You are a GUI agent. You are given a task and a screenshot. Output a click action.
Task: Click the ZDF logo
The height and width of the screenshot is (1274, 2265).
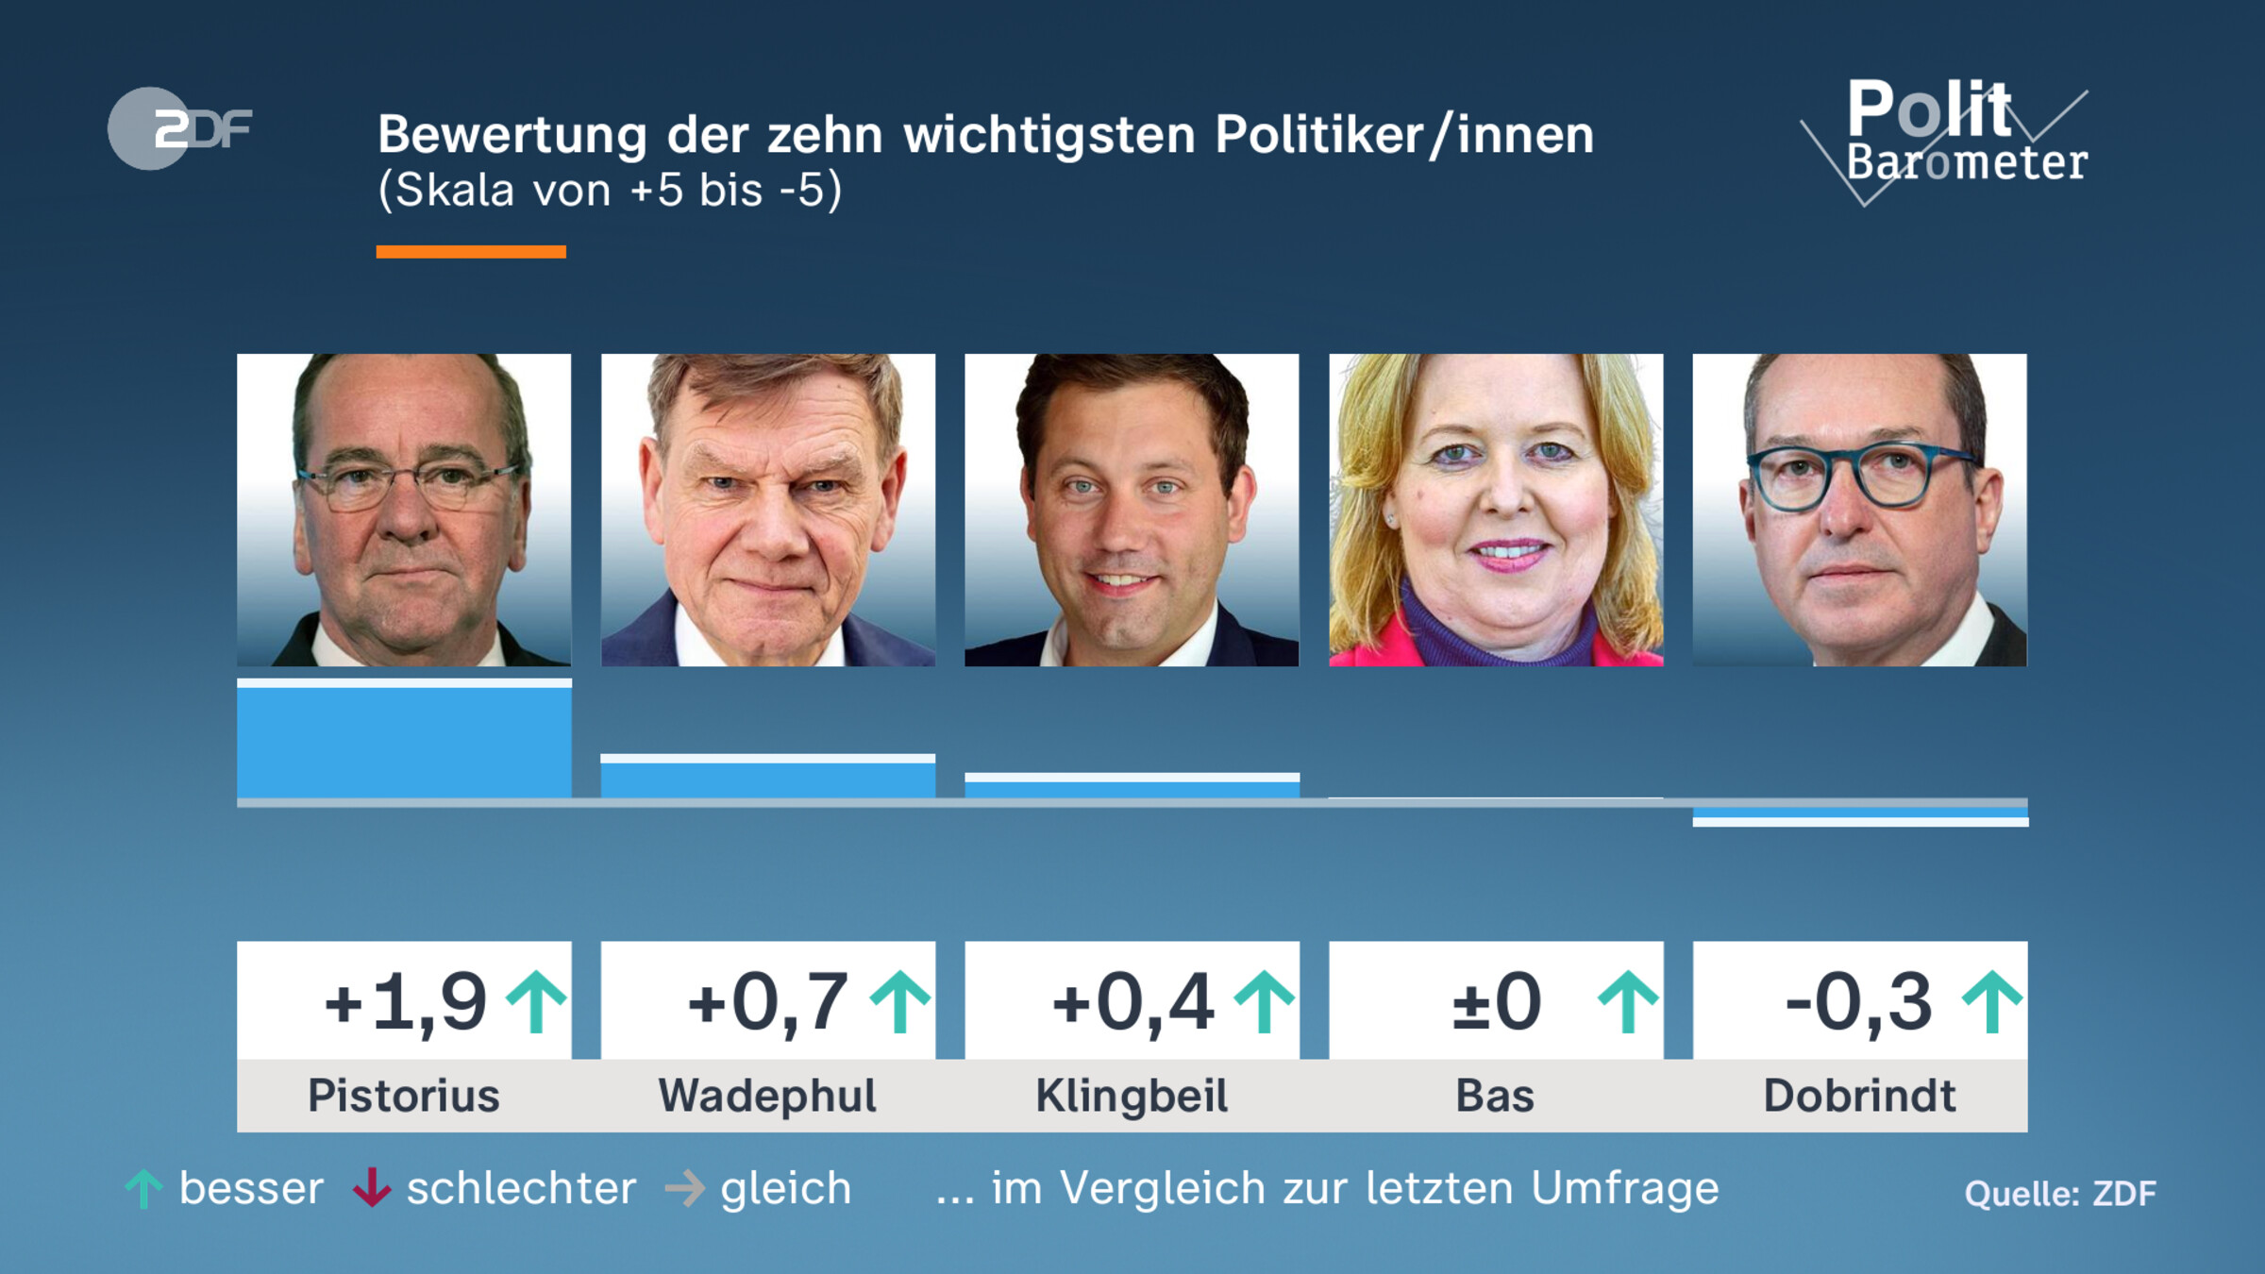click(179, 128)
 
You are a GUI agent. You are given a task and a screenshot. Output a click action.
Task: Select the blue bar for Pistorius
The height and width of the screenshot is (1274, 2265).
click(404, 742)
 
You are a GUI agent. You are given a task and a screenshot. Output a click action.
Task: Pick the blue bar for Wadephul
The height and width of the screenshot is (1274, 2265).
click(767, 779)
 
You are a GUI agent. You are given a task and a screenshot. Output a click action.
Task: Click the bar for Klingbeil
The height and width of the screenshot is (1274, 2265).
click(1132, 788)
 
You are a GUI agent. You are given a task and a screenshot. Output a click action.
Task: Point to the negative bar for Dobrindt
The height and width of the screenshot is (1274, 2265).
click(1860, 814)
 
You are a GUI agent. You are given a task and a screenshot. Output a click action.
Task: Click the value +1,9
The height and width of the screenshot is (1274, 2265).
click(406, 1002)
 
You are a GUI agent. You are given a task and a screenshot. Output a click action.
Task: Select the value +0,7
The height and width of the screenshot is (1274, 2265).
click(768, 1002)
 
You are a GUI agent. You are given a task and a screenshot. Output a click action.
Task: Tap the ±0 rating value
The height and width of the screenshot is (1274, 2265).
click(1496, 1002)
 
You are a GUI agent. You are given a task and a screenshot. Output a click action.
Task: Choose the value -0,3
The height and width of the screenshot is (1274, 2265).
click(1858, 1002)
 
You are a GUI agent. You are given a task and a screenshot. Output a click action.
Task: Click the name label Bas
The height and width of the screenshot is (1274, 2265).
click(1495, 1097)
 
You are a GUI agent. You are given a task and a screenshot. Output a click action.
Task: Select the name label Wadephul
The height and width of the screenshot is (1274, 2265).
click(767, 1097)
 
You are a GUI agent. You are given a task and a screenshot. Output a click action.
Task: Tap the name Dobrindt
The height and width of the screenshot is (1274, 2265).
click(1859, 1097)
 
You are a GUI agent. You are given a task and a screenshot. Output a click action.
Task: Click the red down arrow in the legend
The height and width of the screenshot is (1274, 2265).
click(372, 1188)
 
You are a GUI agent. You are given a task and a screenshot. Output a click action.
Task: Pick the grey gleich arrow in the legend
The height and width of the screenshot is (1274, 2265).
click(685, 1188)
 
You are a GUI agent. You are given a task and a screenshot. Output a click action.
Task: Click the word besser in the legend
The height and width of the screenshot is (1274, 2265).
click(251, 1188)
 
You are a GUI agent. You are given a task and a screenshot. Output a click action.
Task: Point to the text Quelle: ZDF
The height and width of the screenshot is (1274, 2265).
click(2060, 1194)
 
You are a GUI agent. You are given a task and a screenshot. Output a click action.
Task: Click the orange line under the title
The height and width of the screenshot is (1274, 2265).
click(471, 252)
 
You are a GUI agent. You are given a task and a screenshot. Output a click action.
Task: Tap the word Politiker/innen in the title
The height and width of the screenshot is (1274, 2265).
click(1404, 135)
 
